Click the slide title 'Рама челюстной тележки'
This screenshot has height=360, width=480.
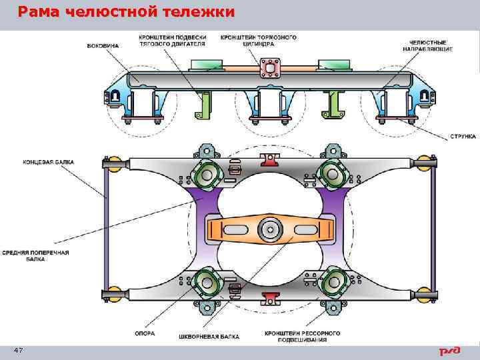126,12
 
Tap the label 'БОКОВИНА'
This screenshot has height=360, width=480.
103,46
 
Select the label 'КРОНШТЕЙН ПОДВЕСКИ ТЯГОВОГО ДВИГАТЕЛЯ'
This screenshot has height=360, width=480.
172,41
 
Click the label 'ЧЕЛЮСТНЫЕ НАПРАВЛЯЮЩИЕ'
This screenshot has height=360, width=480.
427,45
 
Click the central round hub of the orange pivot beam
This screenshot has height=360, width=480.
270,227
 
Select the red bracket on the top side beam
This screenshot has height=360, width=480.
269,158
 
